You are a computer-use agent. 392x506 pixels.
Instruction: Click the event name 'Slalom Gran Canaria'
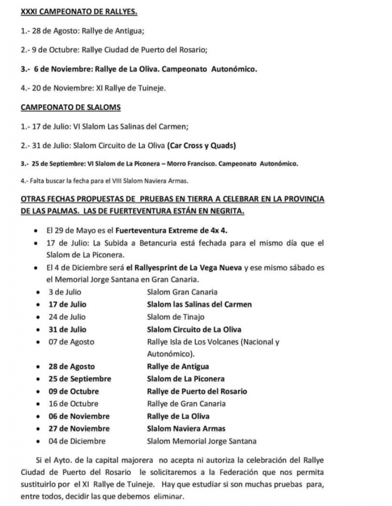[182, 292]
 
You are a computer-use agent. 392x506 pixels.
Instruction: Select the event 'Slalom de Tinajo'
[175, 317]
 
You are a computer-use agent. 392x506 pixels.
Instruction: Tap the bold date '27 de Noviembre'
[79, 428]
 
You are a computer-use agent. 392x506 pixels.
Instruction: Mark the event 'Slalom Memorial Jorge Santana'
[201, 441]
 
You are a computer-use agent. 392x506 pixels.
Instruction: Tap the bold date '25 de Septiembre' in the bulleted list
[80, 379]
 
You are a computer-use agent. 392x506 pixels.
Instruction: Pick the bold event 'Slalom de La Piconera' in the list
[186, 379]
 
